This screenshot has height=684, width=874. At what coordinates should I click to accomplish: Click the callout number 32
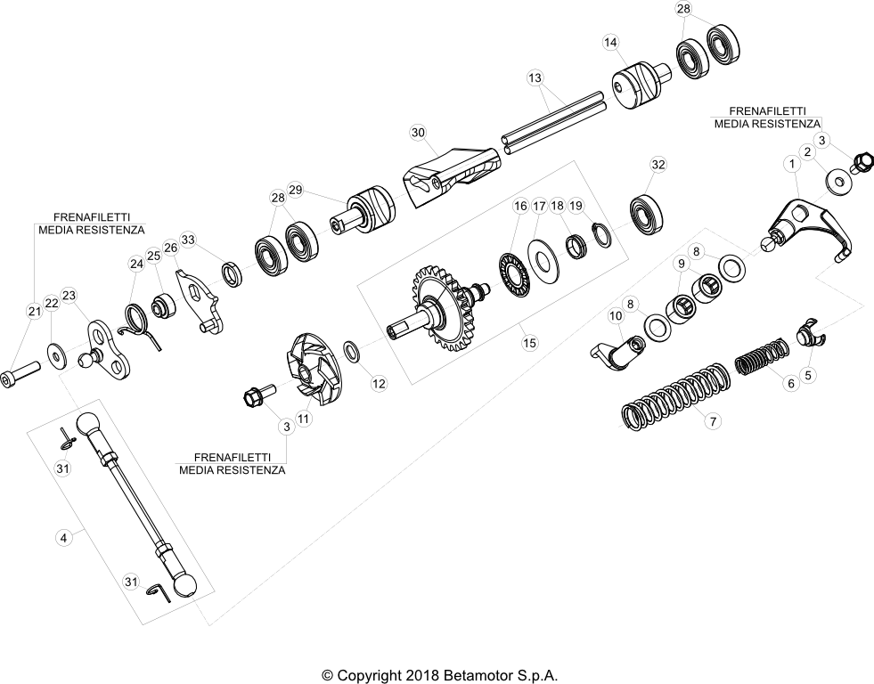pyautogui.click(x=658, y=164)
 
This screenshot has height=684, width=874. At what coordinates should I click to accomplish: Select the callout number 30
pyautogui.click(x=418, y=132)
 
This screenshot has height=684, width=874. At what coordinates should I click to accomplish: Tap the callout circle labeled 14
pyautogui.click(x=610, y=43)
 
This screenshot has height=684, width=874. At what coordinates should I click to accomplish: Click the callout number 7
pyautogui.click(x=713, y=421)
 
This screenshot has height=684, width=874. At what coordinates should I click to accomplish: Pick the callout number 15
pyautogui.click(x=529, y=343)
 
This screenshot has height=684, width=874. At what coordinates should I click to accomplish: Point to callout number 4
pyautogui.click(x=63, y=538)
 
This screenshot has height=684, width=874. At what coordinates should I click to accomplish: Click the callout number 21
pyautogui.click(x=35, y=311)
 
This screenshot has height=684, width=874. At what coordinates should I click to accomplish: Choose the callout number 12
pyautogui.click(x=379, y=383)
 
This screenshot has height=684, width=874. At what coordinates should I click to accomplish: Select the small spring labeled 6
pyautogui.click(x=762, y=358)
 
